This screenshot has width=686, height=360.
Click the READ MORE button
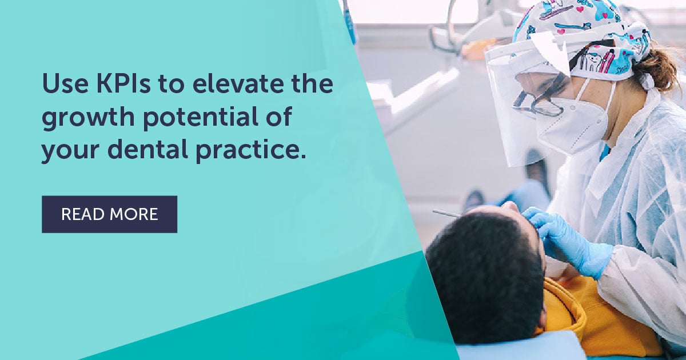coord(109,214)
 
